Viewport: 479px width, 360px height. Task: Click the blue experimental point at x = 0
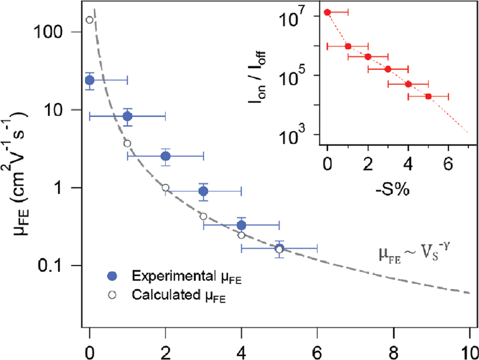[x=90, y=80]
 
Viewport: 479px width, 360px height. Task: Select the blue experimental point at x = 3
[x=204, y=192]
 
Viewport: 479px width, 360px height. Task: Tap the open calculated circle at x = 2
[x=165, y=187]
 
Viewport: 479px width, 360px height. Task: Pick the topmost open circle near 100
[x=90, y=20]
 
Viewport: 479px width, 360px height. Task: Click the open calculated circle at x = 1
[x=127, y=143]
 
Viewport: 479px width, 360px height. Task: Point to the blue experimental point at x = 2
[x=165, y=156]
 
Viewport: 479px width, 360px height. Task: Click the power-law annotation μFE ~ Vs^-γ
[x=414, y=254]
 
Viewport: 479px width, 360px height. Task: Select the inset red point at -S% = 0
[x=328, y=12]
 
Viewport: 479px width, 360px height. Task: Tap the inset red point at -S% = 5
[x=428, y=96]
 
